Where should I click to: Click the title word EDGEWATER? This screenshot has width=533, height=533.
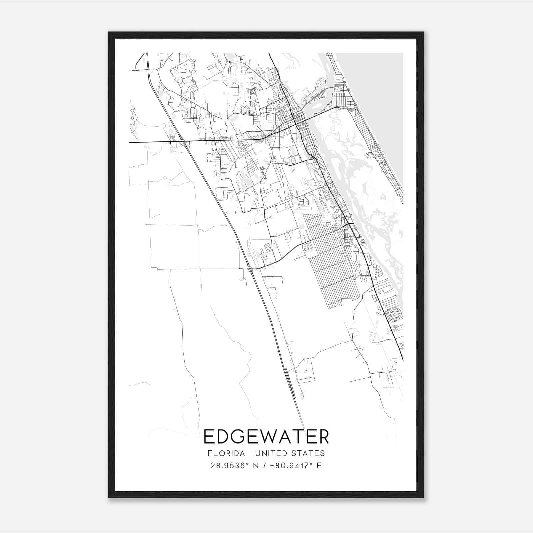tap(266, 437)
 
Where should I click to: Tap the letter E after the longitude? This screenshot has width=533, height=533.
tap(319, 466)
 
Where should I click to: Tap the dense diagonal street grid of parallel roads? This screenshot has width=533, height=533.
tap(330, 260)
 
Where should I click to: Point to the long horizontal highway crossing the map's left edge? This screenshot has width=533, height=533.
tap(150, 142)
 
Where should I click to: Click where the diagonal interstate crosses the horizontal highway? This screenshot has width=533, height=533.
tap(183, 142)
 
